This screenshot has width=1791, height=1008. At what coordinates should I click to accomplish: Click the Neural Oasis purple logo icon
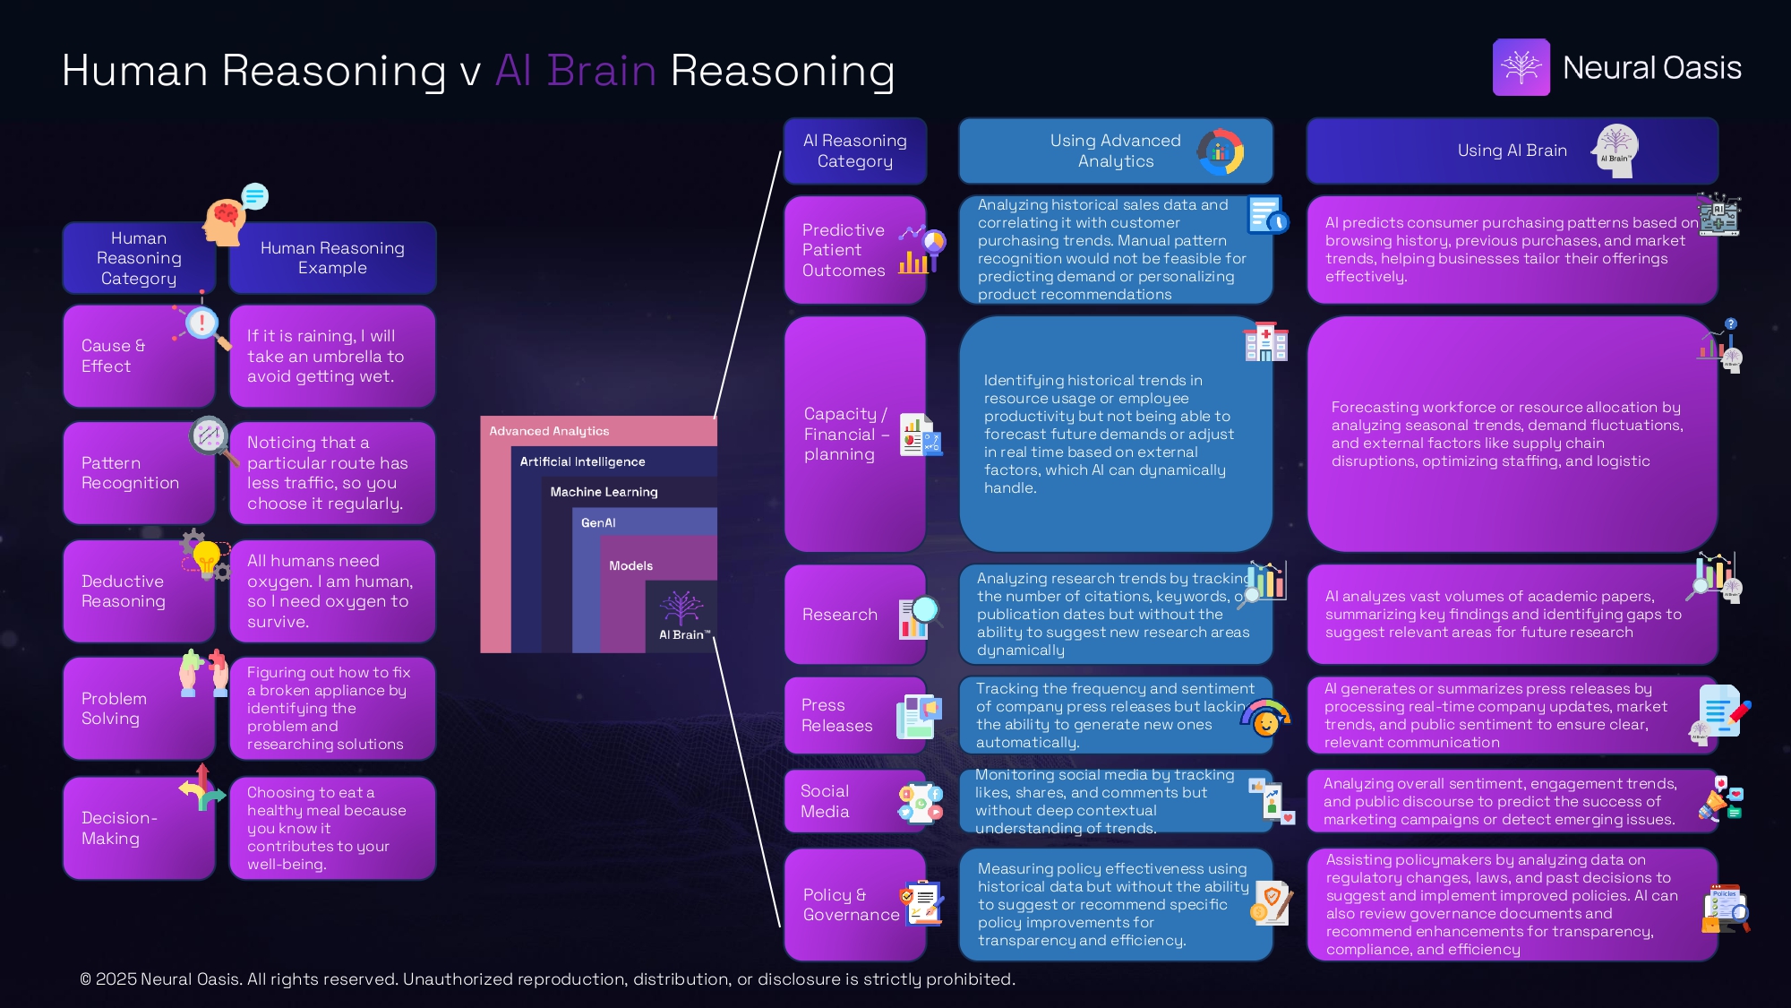(x=1521, y=67)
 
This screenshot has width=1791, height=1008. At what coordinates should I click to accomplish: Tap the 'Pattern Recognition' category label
(x=131, y=473)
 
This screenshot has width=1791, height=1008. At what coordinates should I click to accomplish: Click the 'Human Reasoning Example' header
(x=332, y=258)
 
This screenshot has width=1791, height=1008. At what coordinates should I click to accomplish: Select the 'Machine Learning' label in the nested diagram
(x=604, y=492)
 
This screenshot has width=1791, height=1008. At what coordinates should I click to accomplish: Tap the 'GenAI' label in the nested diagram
(x=598, y=522)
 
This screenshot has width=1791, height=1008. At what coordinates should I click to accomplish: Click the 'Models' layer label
(x=630, y=565)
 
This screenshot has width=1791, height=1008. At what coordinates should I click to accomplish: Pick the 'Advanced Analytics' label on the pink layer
(x=549, y=431)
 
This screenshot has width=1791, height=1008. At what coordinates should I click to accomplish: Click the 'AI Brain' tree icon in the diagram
(x=681, y=607)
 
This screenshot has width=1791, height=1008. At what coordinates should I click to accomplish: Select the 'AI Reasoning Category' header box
(x=855, y=151)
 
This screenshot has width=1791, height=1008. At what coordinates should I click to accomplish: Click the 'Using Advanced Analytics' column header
(x=1115, y=151)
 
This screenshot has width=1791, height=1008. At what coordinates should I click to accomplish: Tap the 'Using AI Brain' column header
(x=1512, y=151)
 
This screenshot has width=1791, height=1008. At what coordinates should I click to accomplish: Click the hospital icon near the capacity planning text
(x=1265, y=342)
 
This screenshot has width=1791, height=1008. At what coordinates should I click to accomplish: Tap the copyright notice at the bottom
(x=547, y=979)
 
